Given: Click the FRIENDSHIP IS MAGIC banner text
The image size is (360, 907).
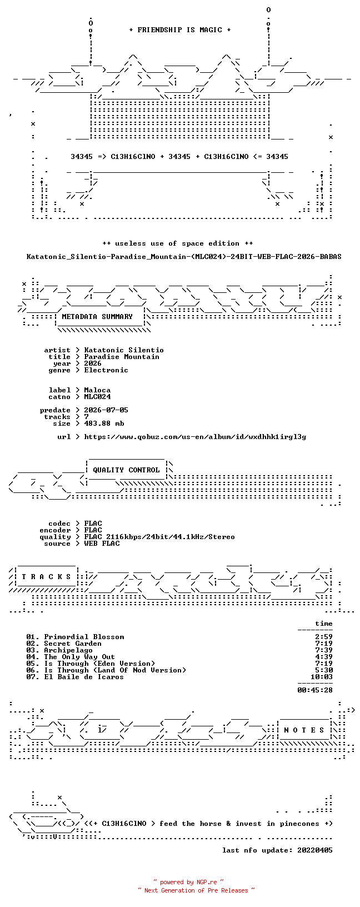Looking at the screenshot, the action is point(180,30).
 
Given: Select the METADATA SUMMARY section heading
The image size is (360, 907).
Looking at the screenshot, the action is point(97,317).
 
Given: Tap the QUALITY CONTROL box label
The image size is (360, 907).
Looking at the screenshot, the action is point(126,470).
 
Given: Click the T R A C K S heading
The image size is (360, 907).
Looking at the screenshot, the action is point(46,576).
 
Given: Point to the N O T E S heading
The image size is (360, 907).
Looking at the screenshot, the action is point(304,730).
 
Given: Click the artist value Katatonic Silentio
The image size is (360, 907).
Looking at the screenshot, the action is point(124,350).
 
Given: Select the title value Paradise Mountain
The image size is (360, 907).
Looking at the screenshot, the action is point(122,357).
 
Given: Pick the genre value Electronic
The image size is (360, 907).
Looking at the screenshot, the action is point(106,370).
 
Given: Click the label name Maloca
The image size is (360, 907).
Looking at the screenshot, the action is point(97,390).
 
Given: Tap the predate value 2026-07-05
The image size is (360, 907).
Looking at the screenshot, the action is point(106,410).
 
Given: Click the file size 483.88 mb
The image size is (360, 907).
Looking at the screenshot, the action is point(104,423).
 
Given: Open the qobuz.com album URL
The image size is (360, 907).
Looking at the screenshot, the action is point(195,437).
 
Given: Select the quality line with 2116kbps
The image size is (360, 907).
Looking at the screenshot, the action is point(159,537).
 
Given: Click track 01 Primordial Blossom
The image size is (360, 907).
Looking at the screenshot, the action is point(76,637).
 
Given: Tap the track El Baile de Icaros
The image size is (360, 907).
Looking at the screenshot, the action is point(75,677).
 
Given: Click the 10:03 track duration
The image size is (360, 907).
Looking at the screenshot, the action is point(322,677).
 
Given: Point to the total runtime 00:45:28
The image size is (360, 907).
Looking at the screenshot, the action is point(315,690).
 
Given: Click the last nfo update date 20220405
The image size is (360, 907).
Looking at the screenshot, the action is point(315,850).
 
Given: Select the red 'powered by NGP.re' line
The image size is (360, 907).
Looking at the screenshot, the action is point(189,882).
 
